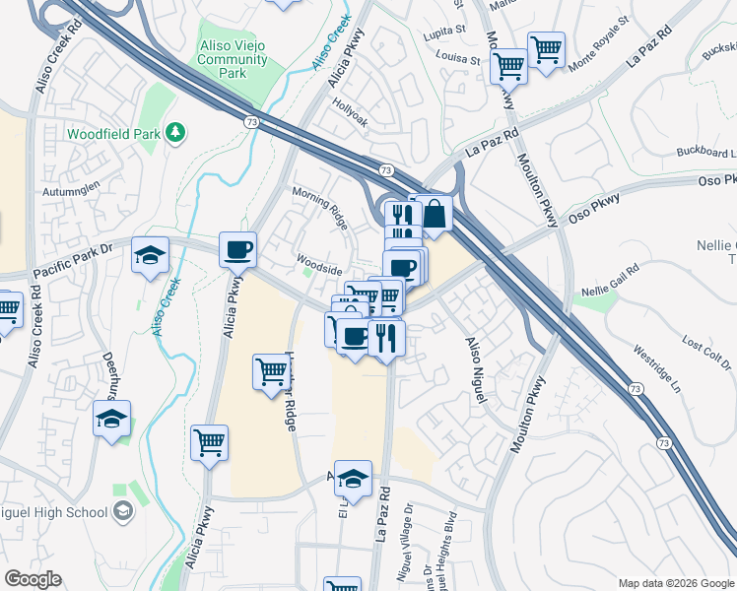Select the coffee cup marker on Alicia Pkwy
tap(238, 250)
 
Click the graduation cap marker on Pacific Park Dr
tap(150, 255)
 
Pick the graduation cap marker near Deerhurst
tap(112, 420)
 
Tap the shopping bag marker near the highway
tap(434, 212)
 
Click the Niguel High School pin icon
tap(123, 511)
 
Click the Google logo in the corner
tap(33, 579)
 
